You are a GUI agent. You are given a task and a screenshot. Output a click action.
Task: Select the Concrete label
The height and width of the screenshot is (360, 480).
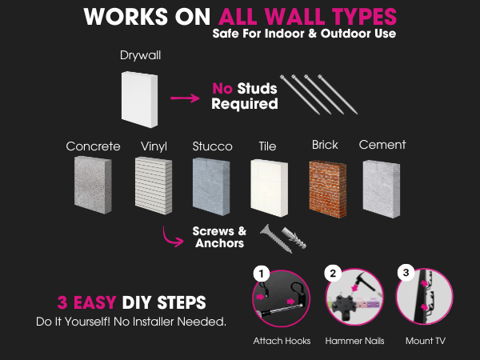[x=93, y=146]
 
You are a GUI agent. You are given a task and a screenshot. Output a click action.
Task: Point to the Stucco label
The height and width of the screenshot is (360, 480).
[x=212, y=146]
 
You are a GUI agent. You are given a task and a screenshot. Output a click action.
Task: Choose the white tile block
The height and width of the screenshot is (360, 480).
[x=269, y=186]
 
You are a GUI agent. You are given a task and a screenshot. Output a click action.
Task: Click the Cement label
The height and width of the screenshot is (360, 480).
[x=382, y=145]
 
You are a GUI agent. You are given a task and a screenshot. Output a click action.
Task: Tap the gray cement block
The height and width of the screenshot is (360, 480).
[x=381, y=186]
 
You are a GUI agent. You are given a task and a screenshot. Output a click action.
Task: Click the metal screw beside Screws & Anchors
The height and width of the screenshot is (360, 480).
[x=269, y=234]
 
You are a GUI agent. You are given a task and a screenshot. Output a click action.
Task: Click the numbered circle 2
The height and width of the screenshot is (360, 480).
[x=332, y=274]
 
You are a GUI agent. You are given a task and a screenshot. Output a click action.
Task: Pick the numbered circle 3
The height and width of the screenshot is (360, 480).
[x=406, y=274]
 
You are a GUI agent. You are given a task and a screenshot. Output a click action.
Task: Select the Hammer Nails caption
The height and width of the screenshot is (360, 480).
[x=354, y=341]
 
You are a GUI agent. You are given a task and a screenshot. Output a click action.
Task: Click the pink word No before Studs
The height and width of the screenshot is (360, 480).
[x=222, y=89]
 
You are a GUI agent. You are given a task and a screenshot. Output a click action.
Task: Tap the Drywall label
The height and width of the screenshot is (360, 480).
[x=141, y=55]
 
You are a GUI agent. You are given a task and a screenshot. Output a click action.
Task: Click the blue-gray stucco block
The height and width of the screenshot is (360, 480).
[x=211, y=186]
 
